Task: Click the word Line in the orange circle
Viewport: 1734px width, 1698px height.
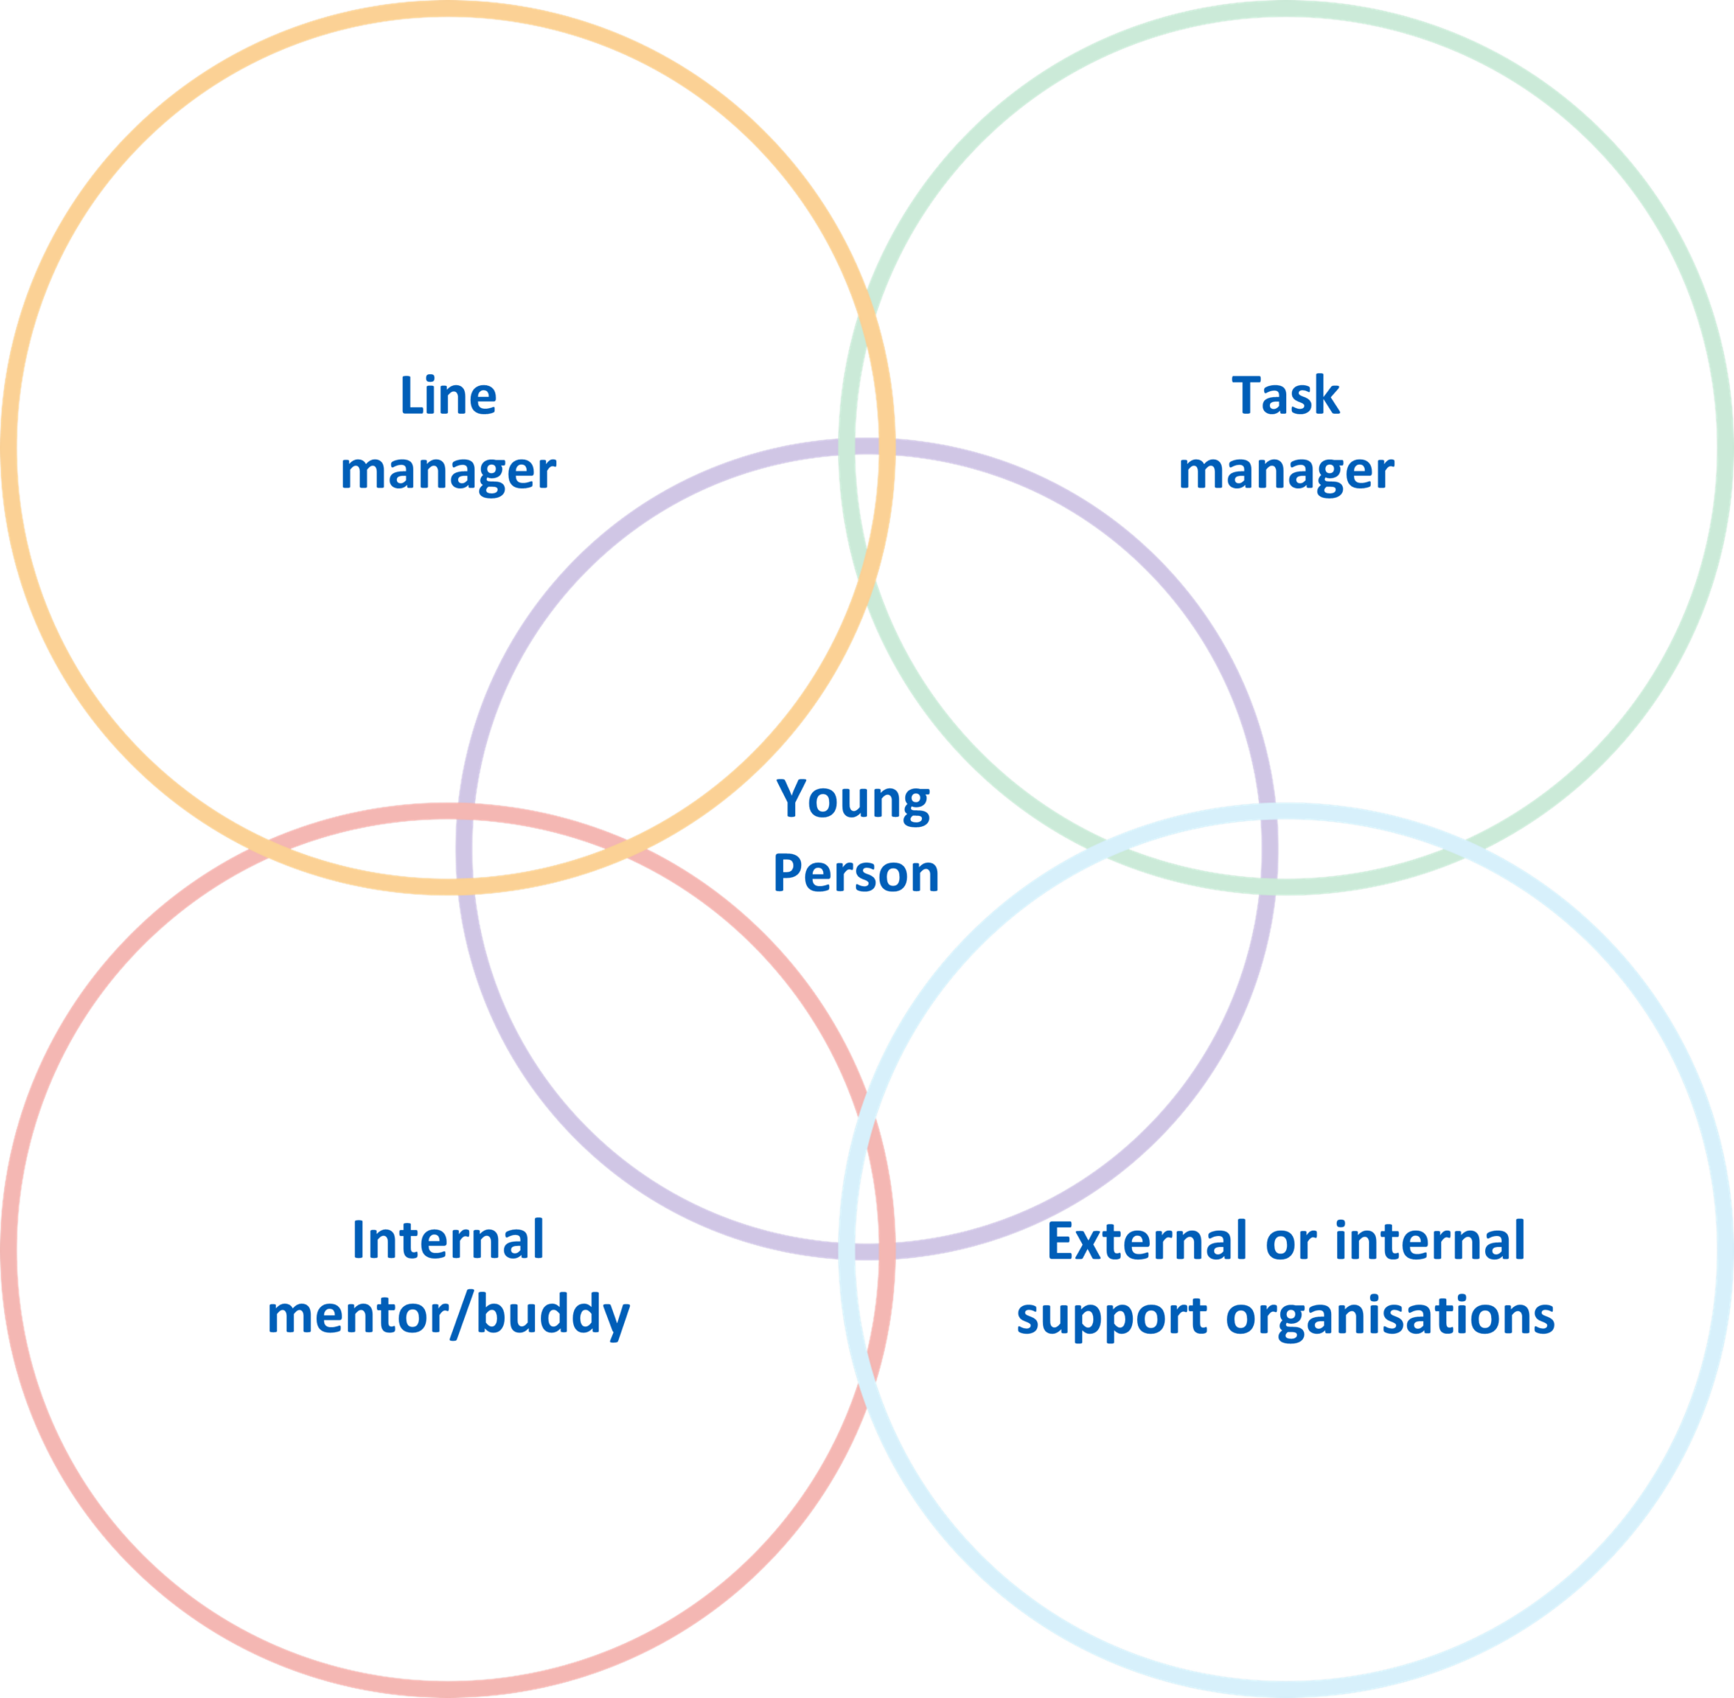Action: click(448, 396)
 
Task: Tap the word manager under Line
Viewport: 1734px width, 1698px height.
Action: click(448, 471)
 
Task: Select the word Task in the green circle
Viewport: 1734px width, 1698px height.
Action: click(1285, 396)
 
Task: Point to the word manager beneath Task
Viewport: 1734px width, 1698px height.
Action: click(1285, 471)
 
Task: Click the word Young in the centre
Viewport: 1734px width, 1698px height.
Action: click(853, 800)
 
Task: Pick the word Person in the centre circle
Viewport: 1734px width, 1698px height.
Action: click(855, 874)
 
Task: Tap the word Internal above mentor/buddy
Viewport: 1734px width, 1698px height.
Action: click(448, 1241)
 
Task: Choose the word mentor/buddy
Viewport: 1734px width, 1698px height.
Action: click(448, 1315)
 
